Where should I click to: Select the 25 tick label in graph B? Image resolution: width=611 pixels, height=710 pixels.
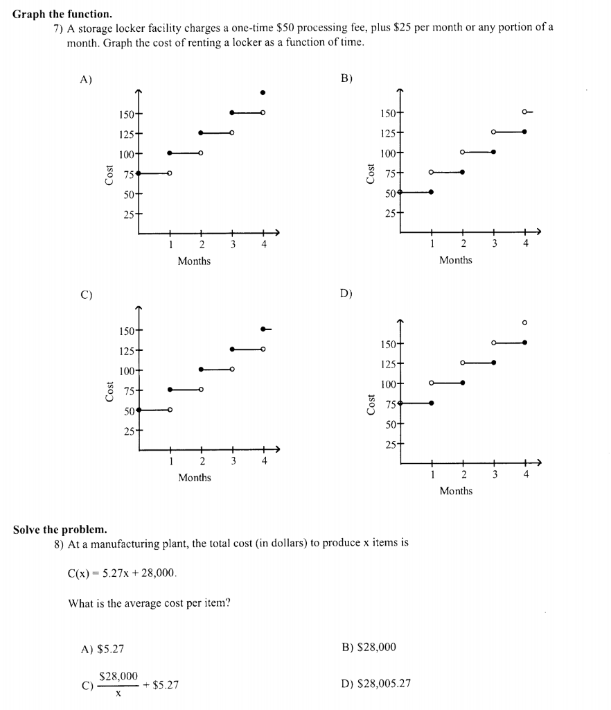click(387, 212)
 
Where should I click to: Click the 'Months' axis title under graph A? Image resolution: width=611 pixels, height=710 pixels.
click(194, 261)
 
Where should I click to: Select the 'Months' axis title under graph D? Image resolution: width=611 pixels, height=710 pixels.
click(456, 491)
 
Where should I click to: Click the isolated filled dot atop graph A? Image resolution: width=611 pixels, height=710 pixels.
click(263, 92)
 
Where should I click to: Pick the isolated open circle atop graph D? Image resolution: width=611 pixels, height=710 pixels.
click(524, 322)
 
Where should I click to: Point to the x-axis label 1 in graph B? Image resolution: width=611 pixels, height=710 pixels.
click(431, 243)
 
